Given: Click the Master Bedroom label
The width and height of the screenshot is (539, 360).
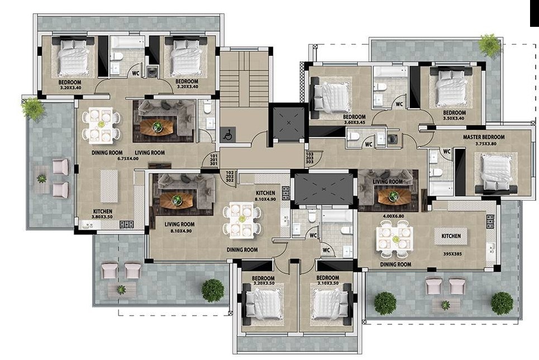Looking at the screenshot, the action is [484, 137].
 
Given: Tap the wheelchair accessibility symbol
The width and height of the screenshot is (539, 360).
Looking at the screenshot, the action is [227, 134].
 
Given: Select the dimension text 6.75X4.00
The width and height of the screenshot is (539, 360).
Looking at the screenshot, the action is [128, 159].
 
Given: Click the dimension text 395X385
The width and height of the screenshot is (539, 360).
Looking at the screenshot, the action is [452, 254].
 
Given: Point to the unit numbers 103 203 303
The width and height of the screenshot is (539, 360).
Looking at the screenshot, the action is [310, 158].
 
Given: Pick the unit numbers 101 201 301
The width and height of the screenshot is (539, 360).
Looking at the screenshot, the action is [213, 160].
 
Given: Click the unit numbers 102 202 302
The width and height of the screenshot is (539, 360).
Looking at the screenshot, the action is [230, 177].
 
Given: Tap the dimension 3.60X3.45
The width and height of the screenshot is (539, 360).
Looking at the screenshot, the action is [355, 122].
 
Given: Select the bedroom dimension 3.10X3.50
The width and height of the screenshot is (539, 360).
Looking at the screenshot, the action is [328, 283].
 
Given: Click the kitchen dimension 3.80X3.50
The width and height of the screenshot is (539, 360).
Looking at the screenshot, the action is [102, 217].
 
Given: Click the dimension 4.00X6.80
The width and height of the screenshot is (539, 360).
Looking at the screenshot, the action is [393, 216].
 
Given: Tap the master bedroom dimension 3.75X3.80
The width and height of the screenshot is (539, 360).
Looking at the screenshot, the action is [486, 144].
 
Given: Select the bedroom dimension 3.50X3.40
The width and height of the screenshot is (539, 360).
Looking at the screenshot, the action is [454, 119].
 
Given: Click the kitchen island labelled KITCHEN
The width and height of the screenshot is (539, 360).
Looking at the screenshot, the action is [451, 236].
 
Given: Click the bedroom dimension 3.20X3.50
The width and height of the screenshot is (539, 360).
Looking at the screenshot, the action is [264, 283].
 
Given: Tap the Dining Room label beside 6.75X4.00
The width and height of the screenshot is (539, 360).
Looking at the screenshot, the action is [107, 153].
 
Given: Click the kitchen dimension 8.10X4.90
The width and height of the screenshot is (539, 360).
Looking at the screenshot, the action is [265, 199].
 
